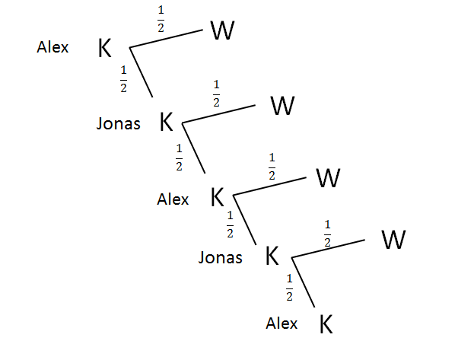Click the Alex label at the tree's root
[52, 47]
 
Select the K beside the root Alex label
[105, 49]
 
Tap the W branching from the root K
[222, 30]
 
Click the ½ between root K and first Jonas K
[123, 78]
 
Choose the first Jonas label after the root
[118, 123]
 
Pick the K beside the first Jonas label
[167, 122]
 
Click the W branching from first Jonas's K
[282, 105]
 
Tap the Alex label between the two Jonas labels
[173, 199]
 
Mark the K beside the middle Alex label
[218, 198]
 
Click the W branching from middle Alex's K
[328, 178]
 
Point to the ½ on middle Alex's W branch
[272, 166]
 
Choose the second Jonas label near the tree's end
[220, 258]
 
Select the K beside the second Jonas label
[272, 256]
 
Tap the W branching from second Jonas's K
[393, 241]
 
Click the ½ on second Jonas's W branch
[328, 234]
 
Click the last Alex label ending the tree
[282, 323]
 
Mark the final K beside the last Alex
[326, 323]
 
